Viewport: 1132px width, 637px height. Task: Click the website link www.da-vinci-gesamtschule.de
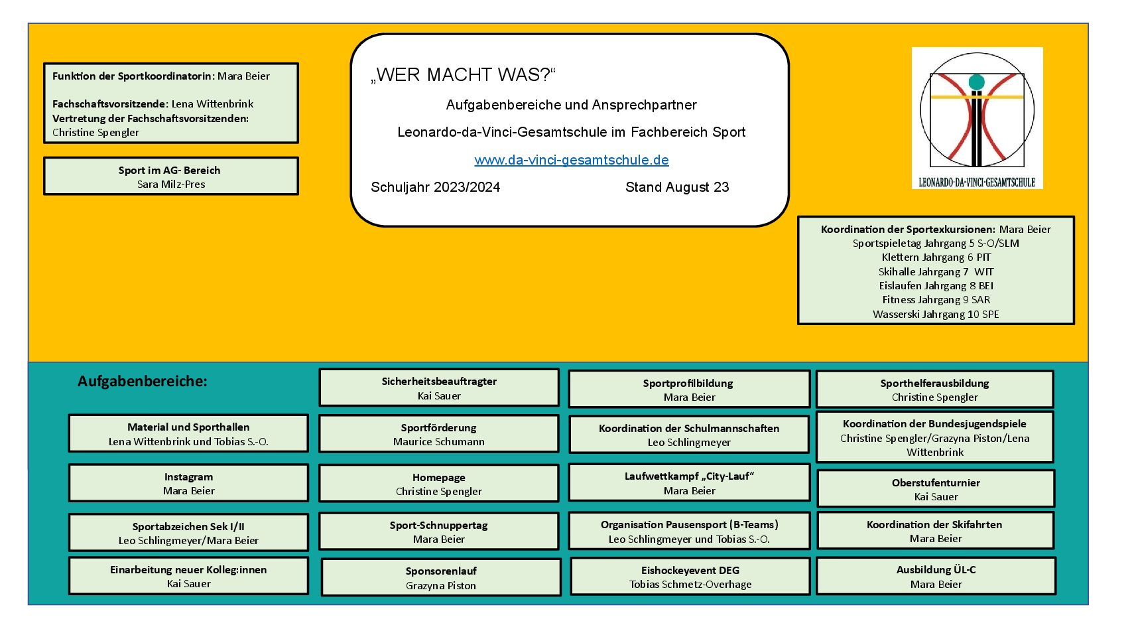click(x=572, y=161)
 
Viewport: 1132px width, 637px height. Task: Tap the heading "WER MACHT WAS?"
click(x=463, y=75)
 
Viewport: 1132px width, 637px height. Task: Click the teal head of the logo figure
click(x=976, y=82)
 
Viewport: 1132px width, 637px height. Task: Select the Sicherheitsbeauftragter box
click(x=439, y=388)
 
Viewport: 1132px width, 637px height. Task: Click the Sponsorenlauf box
click(x=441, y=577)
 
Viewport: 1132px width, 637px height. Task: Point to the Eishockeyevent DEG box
click(x=690, y=577)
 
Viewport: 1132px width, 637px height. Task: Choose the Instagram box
click(x=188, y=483)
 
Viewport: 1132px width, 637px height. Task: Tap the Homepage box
click(x=438, y=484)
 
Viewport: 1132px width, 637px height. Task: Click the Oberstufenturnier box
click(x=936, y=489)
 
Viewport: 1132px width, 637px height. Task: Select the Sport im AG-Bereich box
click(x=171, y=177)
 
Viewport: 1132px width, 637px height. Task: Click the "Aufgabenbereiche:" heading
click(x=143, y=381)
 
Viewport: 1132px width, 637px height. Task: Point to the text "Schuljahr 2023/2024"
click(x=435, y=188)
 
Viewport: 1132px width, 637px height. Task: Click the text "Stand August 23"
click(x=677, y=188)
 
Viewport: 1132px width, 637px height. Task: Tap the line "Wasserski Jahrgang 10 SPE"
click(x=936, y=315)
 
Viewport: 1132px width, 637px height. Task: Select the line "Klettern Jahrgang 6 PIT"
click(x=936, y=257)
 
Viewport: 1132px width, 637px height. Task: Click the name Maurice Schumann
click(x=438, y=442)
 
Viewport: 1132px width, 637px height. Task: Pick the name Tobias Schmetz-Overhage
click(x=690, y=585)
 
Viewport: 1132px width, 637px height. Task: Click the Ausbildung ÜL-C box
click(x=936, y=577)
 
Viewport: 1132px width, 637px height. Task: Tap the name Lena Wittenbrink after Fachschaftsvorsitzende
click(x=212, y=104)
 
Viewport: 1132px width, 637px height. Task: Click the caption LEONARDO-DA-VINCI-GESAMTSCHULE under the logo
click(x=977, y=182)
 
